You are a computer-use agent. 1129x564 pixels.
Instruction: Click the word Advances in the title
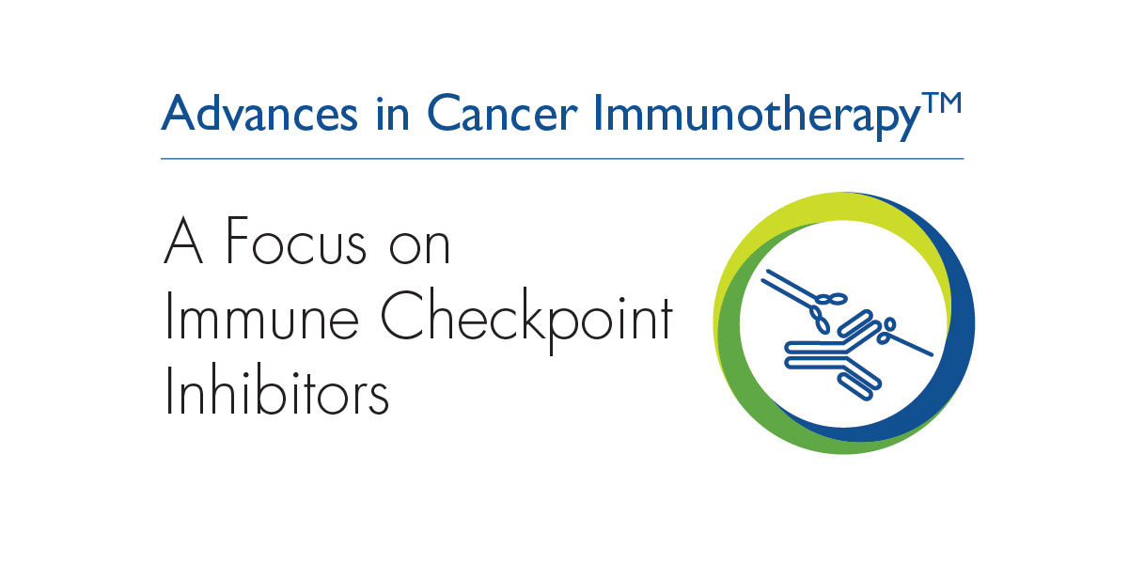[x=259, y=113]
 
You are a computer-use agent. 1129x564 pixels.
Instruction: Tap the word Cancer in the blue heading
[x=501, y=113]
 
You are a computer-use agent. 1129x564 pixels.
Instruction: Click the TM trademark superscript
[x=942, y=104]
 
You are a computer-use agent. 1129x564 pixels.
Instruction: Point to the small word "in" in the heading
[x=393, y=113]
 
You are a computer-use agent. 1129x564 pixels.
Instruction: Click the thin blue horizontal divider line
[x=562, y=159]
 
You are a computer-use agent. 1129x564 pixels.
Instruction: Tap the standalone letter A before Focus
[x=183, y=240]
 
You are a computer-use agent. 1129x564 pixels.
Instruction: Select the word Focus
[x=296, y=241]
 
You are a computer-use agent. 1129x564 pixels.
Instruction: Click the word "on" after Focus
[x=419, y=247]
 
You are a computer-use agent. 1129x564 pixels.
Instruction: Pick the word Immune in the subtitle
[x=261, y=316]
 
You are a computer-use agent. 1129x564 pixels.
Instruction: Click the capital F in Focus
[x=237, y=240]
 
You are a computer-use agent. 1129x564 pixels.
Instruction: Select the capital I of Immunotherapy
[x=598, y=113]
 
